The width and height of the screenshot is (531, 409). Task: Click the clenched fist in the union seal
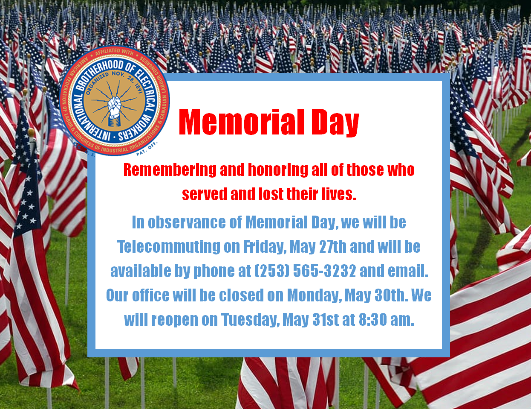[x=114, y=108]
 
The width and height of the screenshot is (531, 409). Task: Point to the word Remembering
[x=170, y=170]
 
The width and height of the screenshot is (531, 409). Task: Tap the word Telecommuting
[x=169, y=247]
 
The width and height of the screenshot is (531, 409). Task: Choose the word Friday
[x=265, y=247]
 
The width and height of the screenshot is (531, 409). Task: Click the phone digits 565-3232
[x=324, y=271]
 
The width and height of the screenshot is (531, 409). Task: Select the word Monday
[x=315, y=295]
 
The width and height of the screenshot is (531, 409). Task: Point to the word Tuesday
[x=250, y=320]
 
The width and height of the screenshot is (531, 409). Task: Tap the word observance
[x=187, y=222]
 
